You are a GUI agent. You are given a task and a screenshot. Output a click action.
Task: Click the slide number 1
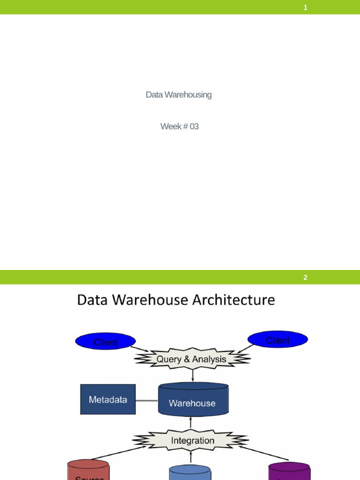305,7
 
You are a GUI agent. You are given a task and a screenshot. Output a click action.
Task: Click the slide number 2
305,277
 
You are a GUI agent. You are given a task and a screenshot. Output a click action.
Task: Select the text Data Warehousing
179,95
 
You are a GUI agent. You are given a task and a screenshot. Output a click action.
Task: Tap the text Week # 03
180,127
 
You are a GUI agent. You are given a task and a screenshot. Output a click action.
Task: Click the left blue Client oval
105,342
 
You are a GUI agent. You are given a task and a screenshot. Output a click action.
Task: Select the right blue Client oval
277,340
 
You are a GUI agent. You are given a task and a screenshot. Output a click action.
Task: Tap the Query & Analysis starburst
192,360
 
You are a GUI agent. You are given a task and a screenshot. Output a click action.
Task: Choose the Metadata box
108,399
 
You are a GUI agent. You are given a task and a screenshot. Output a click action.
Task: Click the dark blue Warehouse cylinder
193,401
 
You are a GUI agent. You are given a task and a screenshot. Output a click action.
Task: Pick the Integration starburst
192,441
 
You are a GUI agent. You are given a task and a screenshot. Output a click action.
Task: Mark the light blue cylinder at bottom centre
190,472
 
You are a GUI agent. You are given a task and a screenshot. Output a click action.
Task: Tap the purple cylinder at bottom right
289,471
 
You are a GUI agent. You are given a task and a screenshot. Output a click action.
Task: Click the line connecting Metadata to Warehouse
147,400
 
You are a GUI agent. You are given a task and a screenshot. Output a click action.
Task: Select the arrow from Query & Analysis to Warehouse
193,375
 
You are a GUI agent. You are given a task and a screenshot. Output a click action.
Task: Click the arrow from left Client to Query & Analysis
139,349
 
